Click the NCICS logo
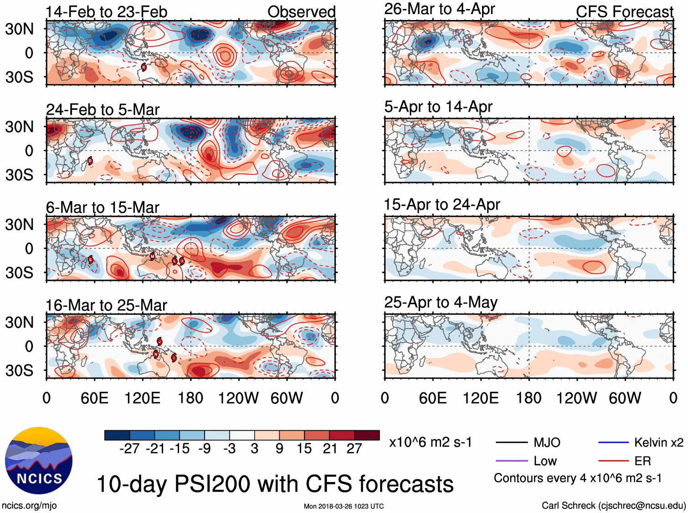(x=38, y=460)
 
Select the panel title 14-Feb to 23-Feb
(x=106, y=12)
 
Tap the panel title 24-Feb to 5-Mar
(x=103, y=110)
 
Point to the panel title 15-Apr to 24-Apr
(x=442, y=205)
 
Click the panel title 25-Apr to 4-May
(x=441, y=302)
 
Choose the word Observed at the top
(x=301, y=12)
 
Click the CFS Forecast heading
(x=624, y=12)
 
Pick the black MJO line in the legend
(x=511, y=442)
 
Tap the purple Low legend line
(x=511, y=461)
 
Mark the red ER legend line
(x=613, y=461)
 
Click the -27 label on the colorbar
(x=129, y=449)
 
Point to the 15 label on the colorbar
(x=304, y=449)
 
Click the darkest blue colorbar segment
(x=117, y=435)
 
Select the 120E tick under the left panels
(x=142, y=398)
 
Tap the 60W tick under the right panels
(x=625, y=398)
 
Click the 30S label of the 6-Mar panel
(x=19, y=273)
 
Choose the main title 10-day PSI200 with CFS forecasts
(x=275, y=484)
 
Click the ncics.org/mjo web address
(x=29, y=505)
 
